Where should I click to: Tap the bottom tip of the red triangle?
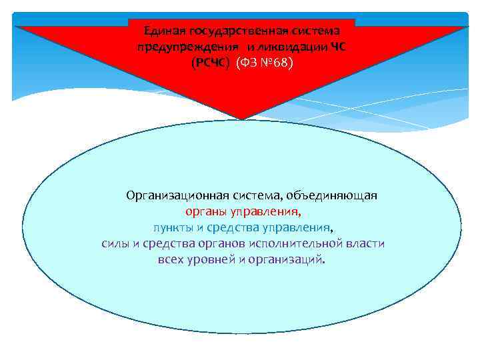tap(243, 119)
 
